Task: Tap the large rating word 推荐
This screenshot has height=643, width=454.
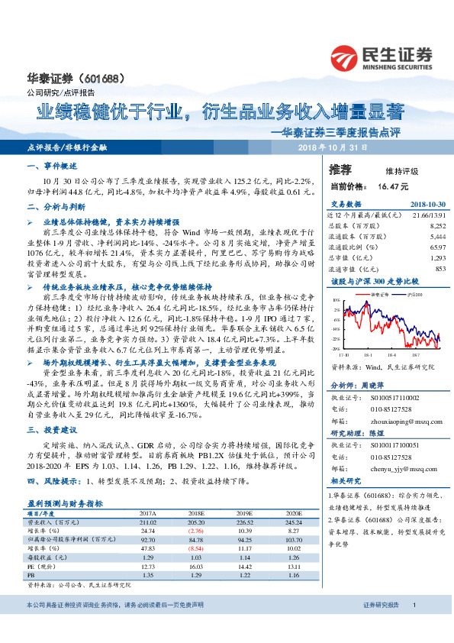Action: coord(340,170)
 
